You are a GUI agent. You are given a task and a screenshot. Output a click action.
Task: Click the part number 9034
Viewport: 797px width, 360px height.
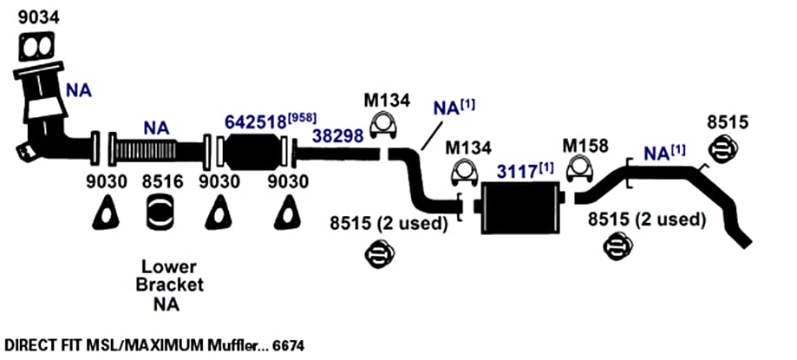[39, 16]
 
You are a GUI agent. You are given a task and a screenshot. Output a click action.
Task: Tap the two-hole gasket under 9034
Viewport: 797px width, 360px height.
[36, 48]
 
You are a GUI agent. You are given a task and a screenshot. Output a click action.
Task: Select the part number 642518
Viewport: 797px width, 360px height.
[255, 122]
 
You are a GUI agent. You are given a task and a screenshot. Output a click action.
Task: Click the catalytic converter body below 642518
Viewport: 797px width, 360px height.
[253, 152]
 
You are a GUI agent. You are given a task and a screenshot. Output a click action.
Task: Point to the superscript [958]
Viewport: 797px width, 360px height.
[302, 119]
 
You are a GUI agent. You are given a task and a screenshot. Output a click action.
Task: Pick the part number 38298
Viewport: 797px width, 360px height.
[338, 136]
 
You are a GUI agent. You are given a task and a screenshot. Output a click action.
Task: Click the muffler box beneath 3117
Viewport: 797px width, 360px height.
[522, 207]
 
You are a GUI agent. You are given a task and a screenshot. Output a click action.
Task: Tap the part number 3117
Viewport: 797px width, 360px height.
[517, 172]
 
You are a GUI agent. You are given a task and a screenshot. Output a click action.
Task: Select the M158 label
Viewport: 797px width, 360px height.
[585, 146]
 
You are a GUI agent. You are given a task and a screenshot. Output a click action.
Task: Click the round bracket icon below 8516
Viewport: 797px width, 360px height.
[160, 212]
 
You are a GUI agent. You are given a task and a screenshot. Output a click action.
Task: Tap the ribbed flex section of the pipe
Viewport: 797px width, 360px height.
[146, 152]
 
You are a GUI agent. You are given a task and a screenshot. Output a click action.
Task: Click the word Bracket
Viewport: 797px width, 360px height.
[170, 285]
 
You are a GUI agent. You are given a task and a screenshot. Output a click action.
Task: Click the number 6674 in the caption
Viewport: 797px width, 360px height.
[289, 346]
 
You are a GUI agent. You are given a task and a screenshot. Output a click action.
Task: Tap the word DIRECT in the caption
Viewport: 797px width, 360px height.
[25, 346]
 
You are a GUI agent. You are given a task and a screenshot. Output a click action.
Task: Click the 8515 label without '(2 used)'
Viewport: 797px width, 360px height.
[728, 122]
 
